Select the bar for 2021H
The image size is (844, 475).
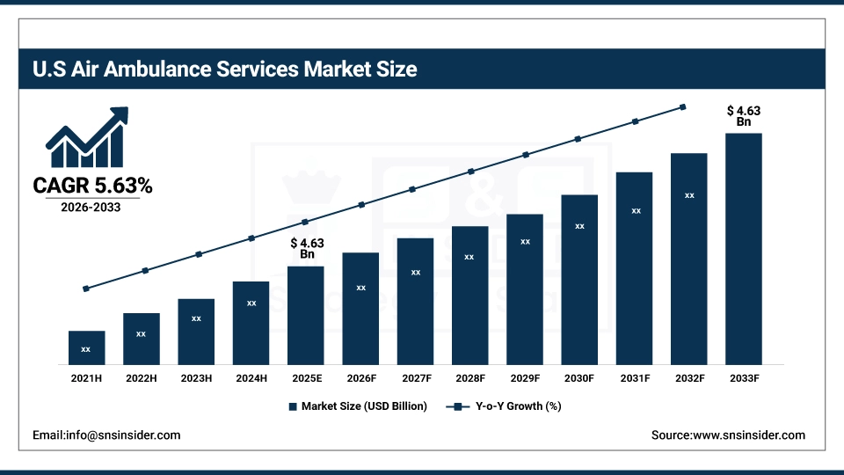(86, 347)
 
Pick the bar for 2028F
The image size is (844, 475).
(470, 295)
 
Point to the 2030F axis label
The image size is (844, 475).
(579, 378)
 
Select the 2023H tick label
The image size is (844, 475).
(196, 378)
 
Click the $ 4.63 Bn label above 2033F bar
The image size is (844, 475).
(743, 116)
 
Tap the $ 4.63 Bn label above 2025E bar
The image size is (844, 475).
(307, 248)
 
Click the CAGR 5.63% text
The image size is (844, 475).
(92, 186)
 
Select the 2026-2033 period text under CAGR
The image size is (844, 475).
(91, 208)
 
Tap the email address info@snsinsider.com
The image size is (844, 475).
(106, 435)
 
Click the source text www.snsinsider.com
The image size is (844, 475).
(728, 435)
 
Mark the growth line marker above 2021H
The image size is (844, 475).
(86, 289)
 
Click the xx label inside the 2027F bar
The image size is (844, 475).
(416, 273)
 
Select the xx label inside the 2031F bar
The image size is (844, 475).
(635, 211)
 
